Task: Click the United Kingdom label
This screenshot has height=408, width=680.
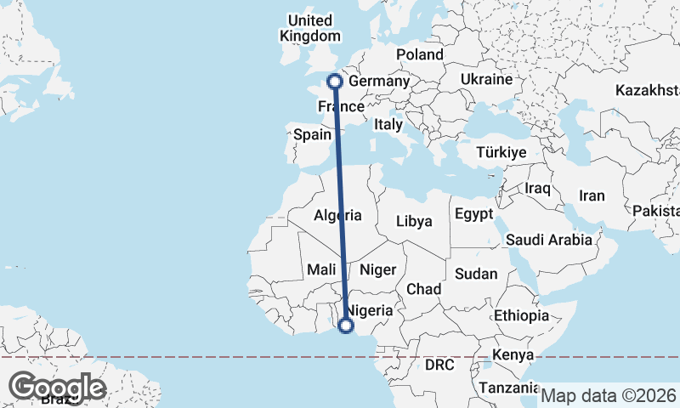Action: click(310, 28)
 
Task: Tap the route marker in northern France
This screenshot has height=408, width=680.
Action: click(334, 82)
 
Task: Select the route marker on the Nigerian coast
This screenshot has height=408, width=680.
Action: click(346, 325)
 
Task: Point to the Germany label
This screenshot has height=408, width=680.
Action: click(380, 82)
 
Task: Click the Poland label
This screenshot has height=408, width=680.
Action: click(420, 54)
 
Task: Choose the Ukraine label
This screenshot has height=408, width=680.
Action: click(486, 79)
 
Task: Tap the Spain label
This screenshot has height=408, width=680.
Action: click(311, 134)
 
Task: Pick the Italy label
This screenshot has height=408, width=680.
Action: click(388, 124)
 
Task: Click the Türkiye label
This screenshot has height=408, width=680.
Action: click(501, 152)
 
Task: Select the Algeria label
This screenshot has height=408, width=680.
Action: click(338, 216)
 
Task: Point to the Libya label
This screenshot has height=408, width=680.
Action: click(415, 221)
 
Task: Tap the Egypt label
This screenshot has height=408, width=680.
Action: click(473, 213)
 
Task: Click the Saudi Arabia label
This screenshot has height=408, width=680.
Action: click(549, 240)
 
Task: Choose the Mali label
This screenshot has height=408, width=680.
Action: click(322, 269)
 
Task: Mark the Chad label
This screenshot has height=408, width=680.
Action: click(423, 289)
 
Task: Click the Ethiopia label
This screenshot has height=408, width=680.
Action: click(521, 315)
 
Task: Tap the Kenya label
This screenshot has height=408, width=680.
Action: click(513, 354)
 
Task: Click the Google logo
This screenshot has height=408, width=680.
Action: click(57, 387)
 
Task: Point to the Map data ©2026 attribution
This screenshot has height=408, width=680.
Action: click(609, 395)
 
